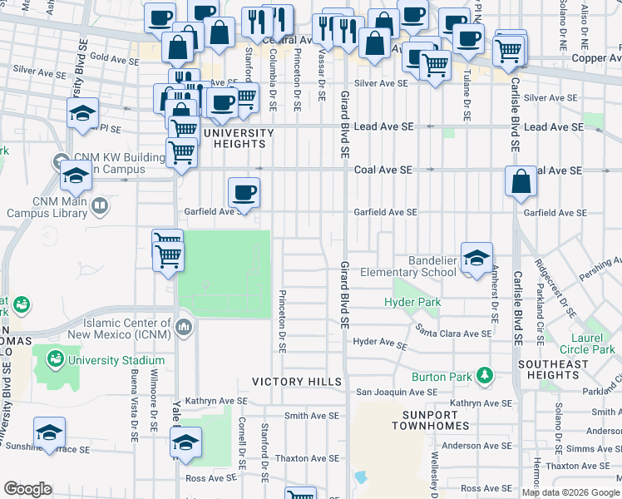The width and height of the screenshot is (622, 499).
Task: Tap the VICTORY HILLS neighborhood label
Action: pos(297,382)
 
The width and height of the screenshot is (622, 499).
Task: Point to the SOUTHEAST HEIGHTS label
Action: pos(553,370)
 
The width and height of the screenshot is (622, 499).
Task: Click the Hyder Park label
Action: pos(412,302)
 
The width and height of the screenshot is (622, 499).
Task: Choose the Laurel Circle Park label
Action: pos(587,344)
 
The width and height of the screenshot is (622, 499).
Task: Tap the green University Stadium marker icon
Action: pos(56,360)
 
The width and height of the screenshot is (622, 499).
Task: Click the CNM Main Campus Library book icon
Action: pos(99,205)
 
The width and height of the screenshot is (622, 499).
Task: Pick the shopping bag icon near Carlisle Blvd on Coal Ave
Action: pos(521,182)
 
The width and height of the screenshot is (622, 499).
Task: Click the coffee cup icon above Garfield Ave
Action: pos(244,192)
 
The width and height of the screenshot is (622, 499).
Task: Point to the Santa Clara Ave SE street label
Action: pos(454,333)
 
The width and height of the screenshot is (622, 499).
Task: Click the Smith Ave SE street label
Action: pos(312,415)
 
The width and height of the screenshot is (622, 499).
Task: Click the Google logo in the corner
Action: pos(27,489)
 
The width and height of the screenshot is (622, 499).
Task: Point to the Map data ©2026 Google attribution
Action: pos(570,492)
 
